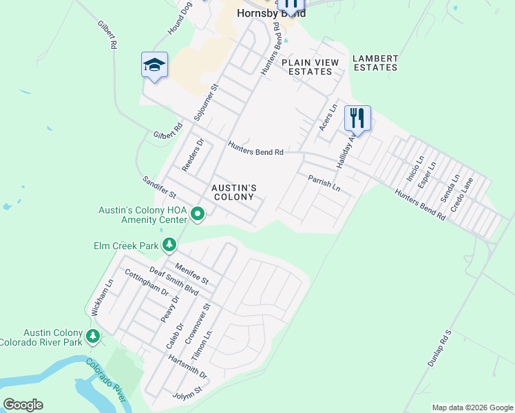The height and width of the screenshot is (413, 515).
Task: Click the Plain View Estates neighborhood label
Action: click(310, 67)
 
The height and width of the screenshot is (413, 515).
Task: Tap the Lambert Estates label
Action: click(375, 63)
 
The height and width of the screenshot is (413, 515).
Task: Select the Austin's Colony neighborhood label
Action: click(234, 192)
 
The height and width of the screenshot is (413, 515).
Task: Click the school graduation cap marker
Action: click(154, 65)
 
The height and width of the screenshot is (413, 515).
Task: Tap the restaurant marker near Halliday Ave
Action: click(357, 118)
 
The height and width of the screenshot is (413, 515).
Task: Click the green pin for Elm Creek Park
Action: click(169, 244)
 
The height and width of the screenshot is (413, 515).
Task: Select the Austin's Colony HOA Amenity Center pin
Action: click(198, 214)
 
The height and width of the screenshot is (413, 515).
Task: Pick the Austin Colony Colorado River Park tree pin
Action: click(92, 337)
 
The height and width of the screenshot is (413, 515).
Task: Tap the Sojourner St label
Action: click(206, 103)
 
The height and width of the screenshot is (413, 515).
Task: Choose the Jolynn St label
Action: click(188, 392)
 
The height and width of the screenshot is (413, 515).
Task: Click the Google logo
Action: click(23, 405)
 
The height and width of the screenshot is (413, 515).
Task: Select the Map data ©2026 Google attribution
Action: click(472, 407)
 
